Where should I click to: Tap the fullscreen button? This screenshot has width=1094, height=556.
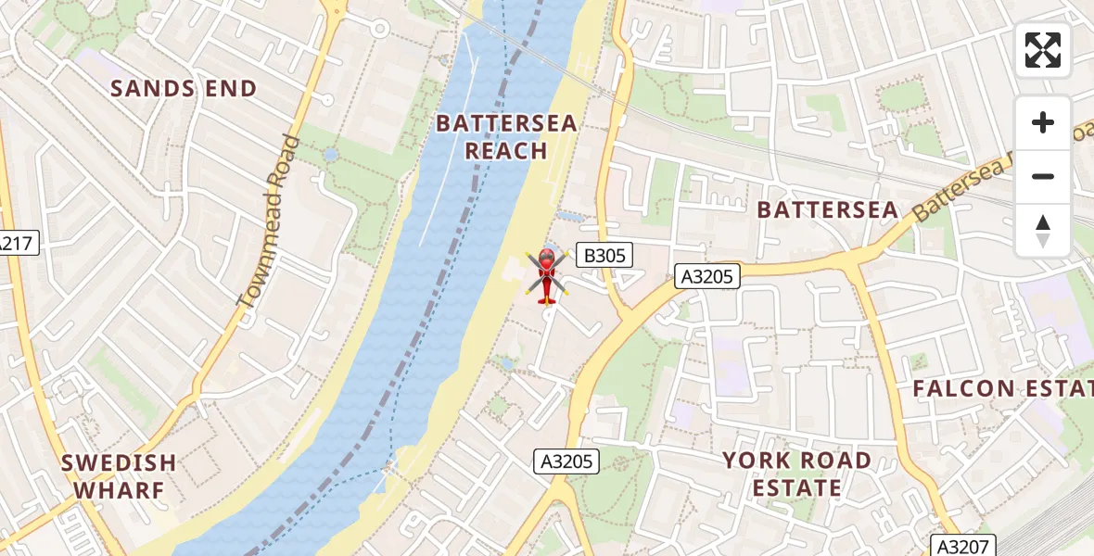point(1043,50)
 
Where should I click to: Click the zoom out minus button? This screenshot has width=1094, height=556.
point(1043,176)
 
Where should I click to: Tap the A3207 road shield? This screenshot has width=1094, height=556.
point(960,546)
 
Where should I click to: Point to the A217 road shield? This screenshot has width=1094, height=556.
point(16,245)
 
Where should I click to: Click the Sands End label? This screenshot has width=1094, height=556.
point(184,89)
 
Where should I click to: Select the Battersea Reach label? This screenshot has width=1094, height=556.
point(506,136)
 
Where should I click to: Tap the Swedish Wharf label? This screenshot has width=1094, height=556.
point(119,475)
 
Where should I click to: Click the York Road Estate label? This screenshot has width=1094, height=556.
point(796,474)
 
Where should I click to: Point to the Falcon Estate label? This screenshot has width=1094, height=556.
point(1001,388)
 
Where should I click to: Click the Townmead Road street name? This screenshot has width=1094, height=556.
point(269,221)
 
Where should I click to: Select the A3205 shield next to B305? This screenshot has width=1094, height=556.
point(706,275)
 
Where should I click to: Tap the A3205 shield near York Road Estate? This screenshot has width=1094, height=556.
point(567,461)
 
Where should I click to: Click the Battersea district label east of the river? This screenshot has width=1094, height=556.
point(827,210)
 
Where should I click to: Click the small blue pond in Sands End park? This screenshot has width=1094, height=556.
point(331,154)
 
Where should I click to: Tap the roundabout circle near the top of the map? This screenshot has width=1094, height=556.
point(379,29)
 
